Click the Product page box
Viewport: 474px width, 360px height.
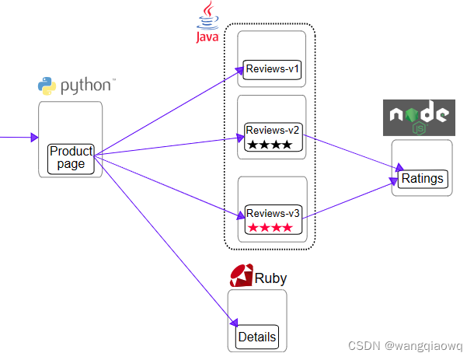pos(71,159)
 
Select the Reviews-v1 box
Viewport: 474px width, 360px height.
pos(272,69)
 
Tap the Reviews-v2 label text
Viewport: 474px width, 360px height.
pos(273,131)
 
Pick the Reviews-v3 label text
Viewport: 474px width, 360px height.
pos(273,213)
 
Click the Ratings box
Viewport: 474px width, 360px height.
pos(423,179)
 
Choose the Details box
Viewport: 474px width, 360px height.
pos(257,337)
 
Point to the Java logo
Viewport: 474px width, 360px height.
pos(207,22)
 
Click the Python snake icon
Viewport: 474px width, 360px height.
pos(47,86)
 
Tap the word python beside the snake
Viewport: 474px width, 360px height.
pos(85,86)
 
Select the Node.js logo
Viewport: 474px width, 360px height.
pos(419,117)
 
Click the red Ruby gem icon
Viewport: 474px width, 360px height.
pos(241,275)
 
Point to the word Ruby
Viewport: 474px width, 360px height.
pos(270,278)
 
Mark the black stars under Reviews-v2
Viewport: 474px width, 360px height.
pos(270,145)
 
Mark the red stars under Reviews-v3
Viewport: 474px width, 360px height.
pos(270,228)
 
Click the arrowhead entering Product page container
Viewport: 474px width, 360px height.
pos(35,138)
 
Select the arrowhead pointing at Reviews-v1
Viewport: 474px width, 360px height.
pos(239,71)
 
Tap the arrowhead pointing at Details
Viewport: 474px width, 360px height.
pos(234,323)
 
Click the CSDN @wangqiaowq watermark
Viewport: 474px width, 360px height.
pos(406,346)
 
